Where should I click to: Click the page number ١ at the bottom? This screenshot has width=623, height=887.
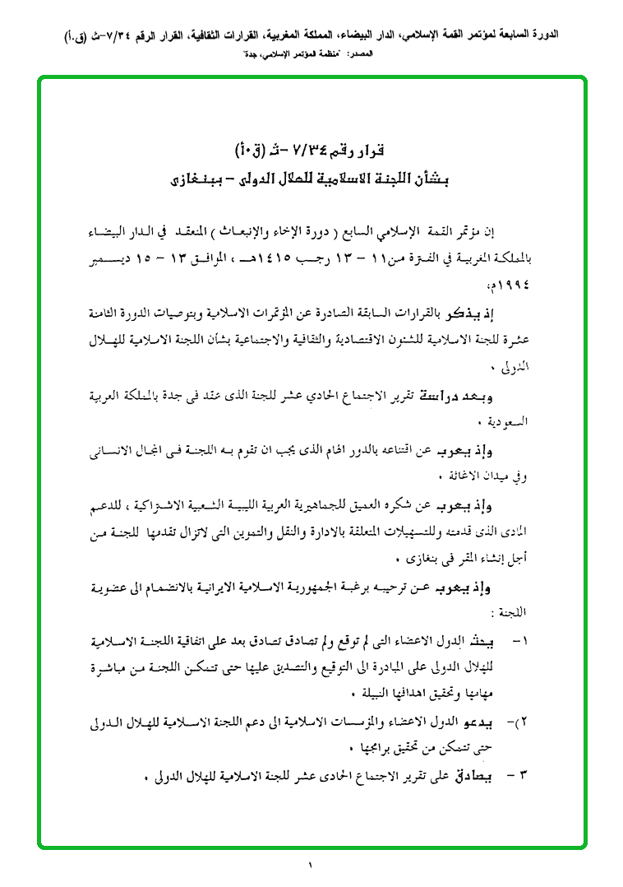pos(311,865)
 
